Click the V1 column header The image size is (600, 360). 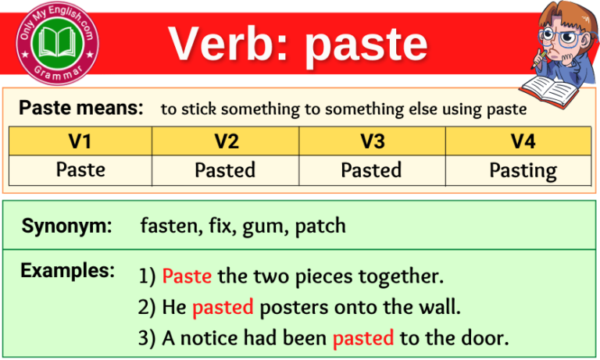click(80, 141)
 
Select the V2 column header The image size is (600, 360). click(225, 141)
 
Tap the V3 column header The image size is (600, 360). click(371, 141)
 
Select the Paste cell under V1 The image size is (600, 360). click(80, 170)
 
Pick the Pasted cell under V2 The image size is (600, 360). click(225, 170)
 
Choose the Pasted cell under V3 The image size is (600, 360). click(371, 170)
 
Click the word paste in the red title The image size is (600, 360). click(366, 45)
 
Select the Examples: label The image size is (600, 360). click(67, 271)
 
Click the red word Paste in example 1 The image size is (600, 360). click(187, 276)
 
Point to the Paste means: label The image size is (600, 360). click(80, 108)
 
